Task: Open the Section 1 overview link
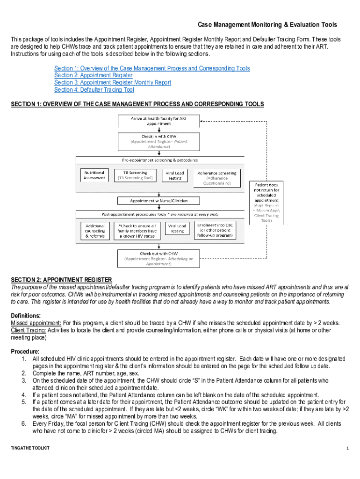coord(152,68)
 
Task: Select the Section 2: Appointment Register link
coord(94,75)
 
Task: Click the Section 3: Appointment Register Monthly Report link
coord(113,82)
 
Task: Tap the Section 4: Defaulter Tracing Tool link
coord(94,90)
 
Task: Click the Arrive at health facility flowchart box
coord(158,120)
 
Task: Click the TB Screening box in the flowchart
coord(135,175)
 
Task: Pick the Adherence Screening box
coord(217,178)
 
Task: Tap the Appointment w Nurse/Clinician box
coord(158,201)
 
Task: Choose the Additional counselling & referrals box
coord(95,231)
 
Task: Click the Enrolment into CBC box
coord(217,230)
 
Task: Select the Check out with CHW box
coord(158,258)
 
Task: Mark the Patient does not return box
coord(266,202)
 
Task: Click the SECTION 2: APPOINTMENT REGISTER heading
coord(61,280)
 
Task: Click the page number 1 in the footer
coord(348,449)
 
